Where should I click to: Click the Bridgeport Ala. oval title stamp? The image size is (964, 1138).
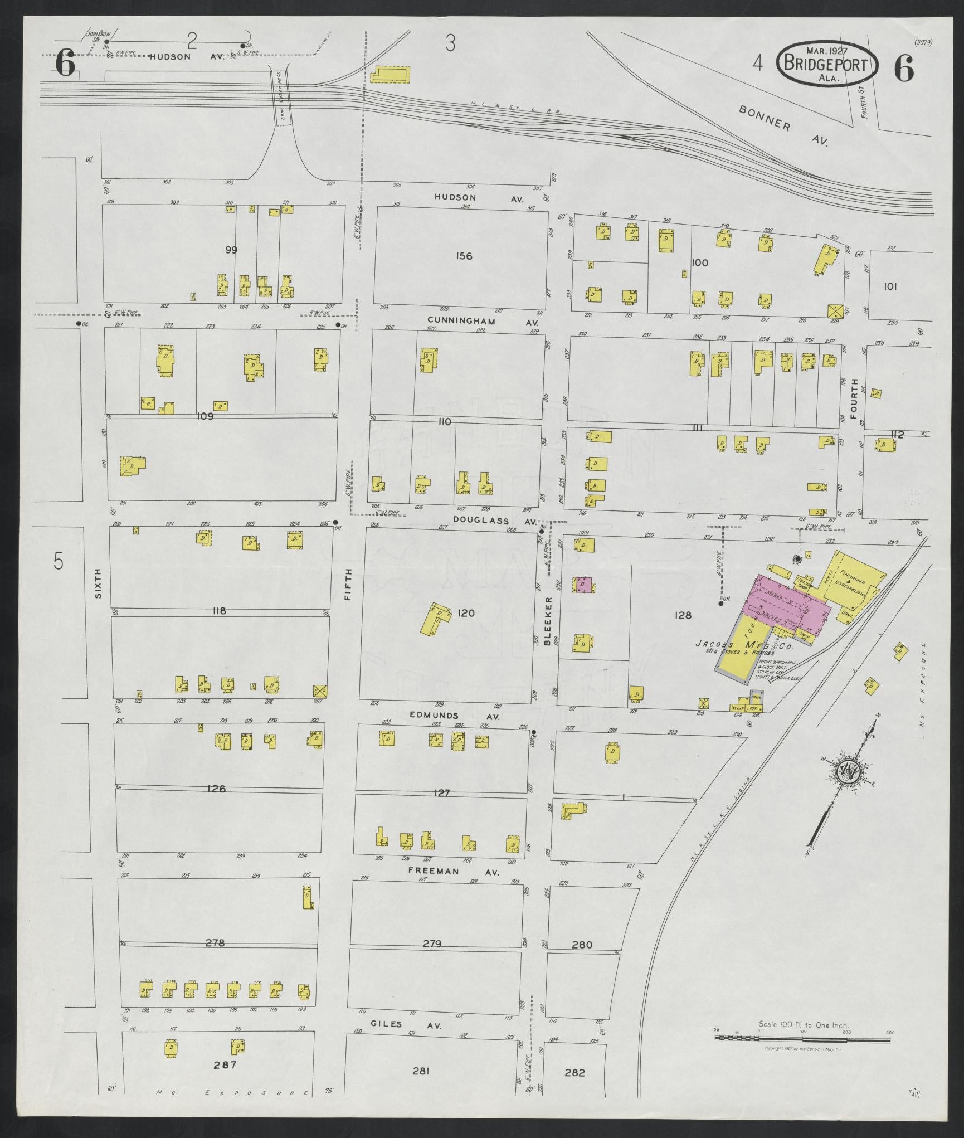click(x=826, y=65)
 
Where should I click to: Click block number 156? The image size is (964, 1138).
click(x=464, y=256)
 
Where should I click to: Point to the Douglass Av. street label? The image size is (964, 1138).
click(x=494, y=519)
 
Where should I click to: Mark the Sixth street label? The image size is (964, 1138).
click(x=99, y=583)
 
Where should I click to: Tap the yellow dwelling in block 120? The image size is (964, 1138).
click(x=435, y=618)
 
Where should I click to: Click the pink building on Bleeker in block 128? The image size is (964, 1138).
click(x=583, y=585)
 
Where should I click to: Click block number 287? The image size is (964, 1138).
click(x=225, y=1064)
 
